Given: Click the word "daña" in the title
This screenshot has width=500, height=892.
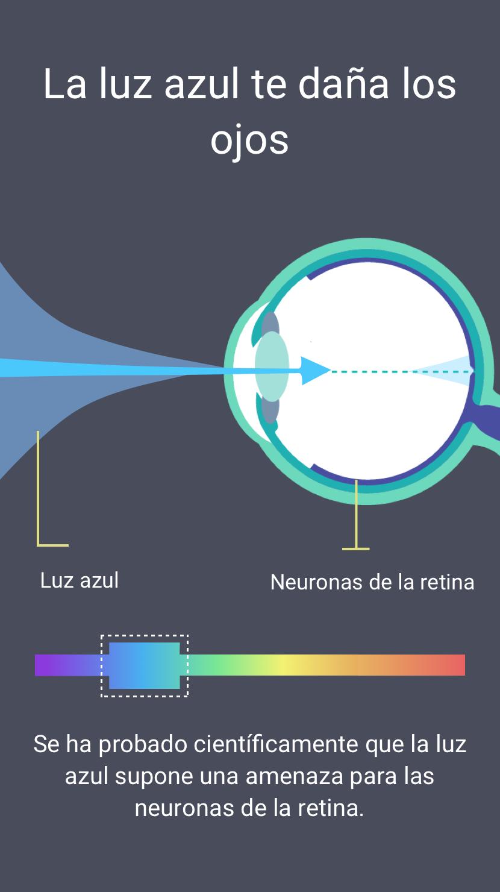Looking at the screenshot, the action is point(343,84).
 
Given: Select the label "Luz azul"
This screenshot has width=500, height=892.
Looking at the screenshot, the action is point(80,580).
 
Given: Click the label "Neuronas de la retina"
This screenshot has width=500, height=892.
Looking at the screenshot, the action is point(372,582).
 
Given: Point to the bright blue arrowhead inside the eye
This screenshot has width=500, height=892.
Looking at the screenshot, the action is point(314,371).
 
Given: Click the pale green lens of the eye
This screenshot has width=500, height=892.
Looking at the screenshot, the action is point(272,366).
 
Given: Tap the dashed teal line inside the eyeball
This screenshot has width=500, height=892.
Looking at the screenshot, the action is point(402,371).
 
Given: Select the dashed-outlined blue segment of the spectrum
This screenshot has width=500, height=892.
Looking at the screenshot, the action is point(145,665).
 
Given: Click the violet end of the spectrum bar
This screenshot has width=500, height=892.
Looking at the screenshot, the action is point(44,665).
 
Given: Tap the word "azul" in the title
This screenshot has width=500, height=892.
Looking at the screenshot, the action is point(202,84).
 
